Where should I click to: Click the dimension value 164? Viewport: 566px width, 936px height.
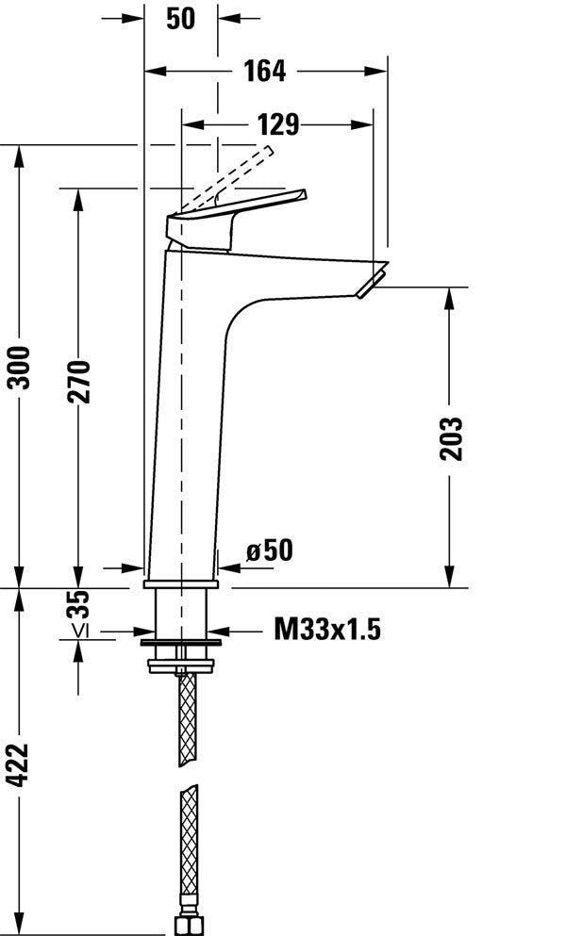tap(264, 71)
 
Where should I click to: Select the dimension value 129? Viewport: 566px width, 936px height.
tap(277, 123)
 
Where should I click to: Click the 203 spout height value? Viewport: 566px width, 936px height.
tap(452, 438)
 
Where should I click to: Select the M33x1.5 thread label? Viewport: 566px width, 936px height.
tap(327, 630)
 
